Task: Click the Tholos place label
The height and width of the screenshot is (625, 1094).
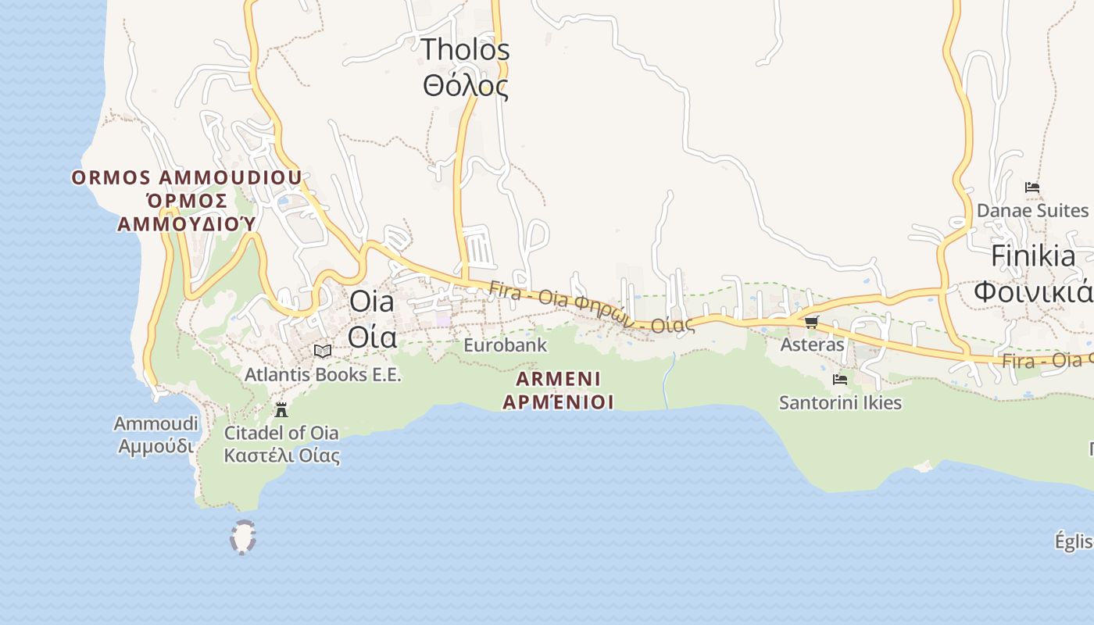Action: [x=466, y=50]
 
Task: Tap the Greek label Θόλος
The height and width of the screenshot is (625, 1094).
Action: [x=466, y=85]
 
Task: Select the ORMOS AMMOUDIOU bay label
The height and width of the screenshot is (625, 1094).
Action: [x=186, y=177]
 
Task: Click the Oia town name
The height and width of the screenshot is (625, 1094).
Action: [x=371, y=301]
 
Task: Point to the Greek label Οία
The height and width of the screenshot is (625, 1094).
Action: [x=371, y=337]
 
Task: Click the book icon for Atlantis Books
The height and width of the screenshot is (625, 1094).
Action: [x=323, y=352]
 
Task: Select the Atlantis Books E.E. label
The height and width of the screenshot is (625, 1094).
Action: [x=323, y=375]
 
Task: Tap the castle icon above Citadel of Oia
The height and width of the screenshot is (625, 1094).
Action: [x=281, y=409]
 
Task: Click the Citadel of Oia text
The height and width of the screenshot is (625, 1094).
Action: [x=281, y=433]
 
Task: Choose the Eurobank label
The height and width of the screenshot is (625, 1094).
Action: [x=505, y=345]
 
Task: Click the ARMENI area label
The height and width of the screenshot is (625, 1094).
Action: [x=558, y=379]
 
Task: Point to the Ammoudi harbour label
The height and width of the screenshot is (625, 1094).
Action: [x=156, y=424]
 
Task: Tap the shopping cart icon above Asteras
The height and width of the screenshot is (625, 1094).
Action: [x=811, y=322]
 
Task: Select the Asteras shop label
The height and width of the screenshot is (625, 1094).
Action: [x=813, y=345]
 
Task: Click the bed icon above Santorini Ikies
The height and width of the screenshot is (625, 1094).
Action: [x=840, y=380]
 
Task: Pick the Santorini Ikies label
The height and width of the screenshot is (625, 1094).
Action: [x=840, y=403]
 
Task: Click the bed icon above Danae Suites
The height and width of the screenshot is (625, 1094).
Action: [x=1032, y=187]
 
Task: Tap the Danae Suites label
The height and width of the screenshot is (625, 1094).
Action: [x=1032, y=211]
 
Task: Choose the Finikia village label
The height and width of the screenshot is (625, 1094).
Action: [x=1033, y=256]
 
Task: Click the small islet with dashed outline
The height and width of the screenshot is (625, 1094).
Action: [x=244, y=537]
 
